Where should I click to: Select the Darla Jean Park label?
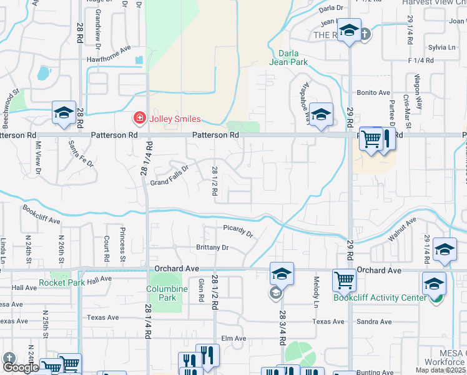pyautogui.click(x=288, y=57)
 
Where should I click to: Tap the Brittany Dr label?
pyautogui.click(x=212, y=247)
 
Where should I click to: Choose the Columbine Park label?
pyautogui.click(x=167, y=293)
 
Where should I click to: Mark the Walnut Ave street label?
pyautogui.click(x=401, y=229)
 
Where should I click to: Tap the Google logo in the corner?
pyautogui.click(x=21, y=367)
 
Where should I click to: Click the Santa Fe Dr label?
pyautogui.click(x=81, y=155)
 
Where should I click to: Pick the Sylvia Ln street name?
pyautogui.click(x=441, y=47)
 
